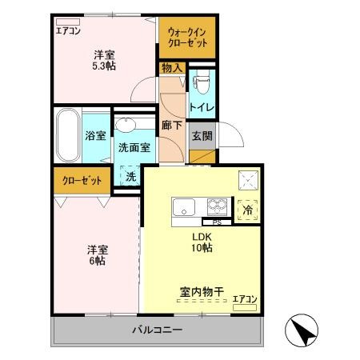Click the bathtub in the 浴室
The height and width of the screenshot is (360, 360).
tap(66, 134)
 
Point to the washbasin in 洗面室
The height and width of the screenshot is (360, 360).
tap(126, 126)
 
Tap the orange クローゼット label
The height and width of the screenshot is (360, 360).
tap(82, 180)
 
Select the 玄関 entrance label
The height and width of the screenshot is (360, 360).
tap(201, 135)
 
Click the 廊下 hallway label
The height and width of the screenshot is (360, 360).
tap(170, 126)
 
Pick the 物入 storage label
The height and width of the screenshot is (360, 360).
tap(172, 68)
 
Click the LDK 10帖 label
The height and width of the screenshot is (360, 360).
tap(201, 242)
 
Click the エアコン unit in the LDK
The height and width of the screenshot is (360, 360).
tap(245, 305)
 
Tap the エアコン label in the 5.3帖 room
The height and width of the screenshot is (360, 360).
tap(68, 30)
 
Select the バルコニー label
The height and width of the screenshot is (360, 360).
tap(158, 330)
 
